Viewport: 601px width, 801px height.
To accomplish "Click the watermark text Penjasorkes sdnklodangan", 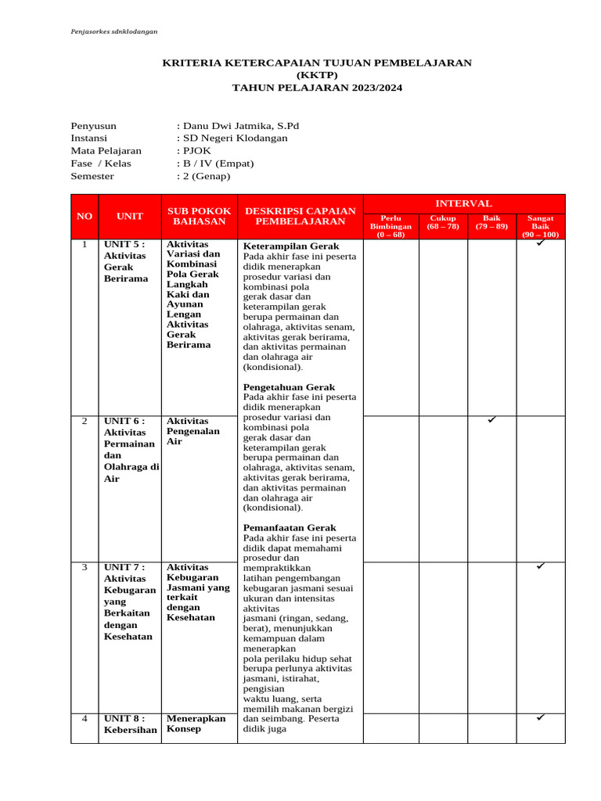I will click(114, 31).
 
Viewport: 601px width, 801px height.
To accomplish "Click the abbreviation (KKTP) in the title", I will click(317, 75).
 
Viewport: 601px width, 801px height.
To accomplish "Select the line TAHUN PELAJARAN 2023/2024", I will click(317, 88).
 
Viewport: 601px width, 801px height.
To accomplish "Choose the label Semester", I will click(92, 176).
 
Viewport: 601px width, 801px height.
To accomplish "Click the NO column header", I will click(84, 216).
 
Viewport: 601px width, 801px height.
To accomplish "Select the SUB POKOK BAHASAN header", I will click(199, 216).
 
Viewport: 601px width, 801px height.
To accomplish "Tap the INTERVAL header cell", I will click(464, 203).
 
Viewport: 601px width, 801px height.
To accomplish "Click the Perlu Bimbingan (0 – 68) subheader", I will click(390, 226).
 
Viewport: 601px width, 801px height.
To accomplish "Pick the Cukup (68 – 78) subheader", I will click(443, 222).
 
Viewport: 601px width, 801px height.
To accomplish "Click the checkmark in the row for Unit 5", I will click(540, 244).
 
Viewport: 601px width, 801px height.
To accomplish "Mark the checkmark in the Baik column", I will click(491, 420).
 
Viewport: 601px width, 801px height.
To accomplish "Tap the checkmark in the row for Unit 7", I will click(540, 566).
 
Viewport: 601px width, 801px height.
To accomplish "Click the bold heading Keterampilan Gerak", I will click(291, 246).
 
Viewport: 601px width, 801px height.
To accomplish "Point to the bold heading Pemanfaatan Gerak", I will click(289, 528).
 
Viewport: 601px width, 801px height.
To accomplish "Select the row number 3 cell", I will click(84, 567).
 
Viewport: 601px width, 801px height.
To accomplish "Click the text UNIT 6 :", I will click(125, 422).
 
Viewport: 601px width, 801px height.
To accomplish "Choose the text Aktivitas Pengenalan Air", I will click(193, 431).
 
